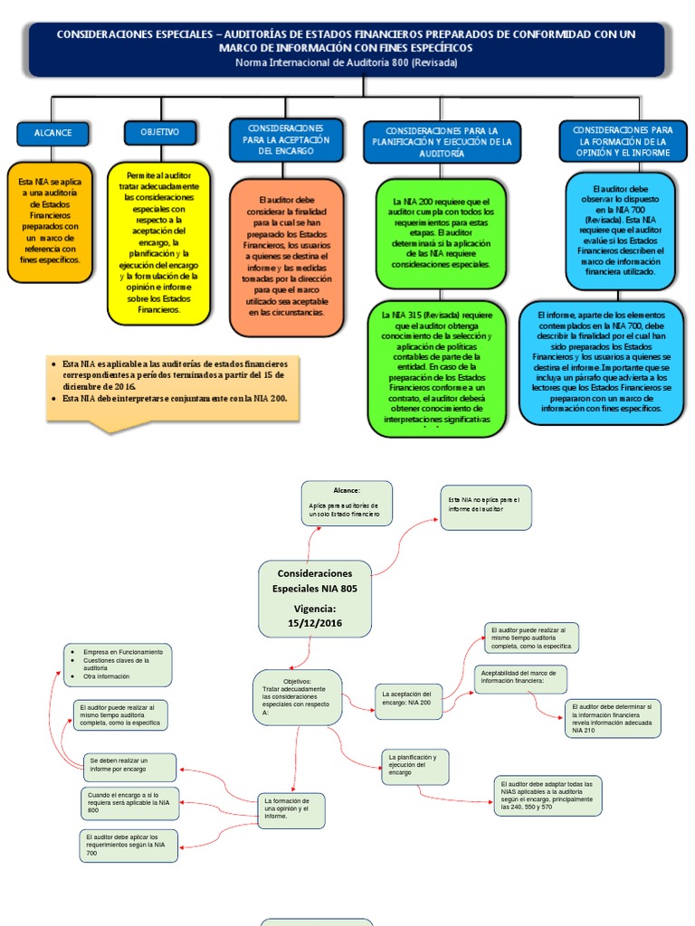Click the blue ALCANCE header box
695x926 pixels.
pyautogui.click(x=53, y=133)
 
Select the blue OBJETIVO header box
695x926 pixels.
pyautogui.click(x=160, y=132)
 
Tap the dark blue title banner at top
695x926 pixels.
pyautogui.click(x=347, y=49)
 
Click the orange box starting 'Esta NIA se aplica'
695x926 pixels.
pyautogui.click(x=49, y=222)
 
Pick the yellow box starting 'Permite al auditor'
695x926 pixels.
pyautogui.click(x=159, y=242)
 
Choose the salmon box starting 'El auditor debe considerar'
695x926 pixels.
pyautogui.click(x=287, y=257)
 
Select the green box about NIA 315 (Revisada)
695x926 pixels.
pyautogui.click(x=437, y=369)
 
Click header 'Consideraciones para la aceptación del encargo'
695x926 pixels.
pyautogui.click(x=287, y=140)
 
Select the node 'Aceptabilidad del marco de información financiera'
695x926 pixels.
pyautogui.click(x=520, y=679)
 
